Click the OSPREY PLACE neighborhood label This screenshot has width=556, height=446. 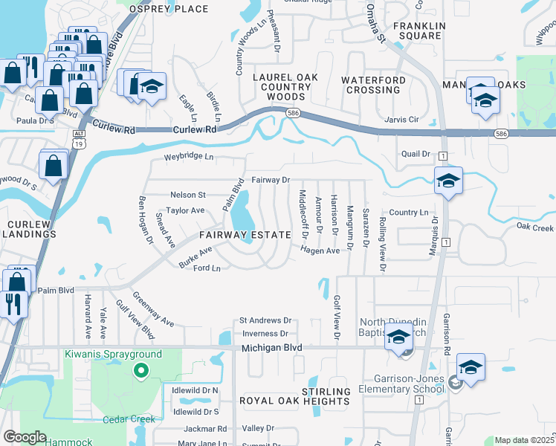169,9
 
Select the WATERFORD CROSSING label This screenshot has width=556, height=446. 373,85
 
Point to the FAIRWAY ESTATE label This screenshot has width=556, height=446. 245,235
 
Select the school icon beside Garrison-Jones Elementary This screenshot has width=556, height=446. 471,368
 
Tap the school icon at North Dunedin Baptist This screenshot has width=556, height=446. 399,338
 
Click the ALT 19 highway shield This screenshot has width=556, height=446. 78,136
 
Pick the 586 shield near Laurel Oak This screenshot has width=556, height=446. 294,112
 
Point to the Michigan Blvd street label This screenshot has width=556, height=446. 272,348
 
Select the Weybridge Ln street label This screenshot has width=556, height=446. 189,157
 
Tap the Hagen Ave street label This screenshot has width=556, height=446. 320,251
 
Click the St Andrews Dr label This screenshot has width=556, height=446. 264,321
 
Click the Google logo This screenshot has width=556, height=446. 25,437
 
